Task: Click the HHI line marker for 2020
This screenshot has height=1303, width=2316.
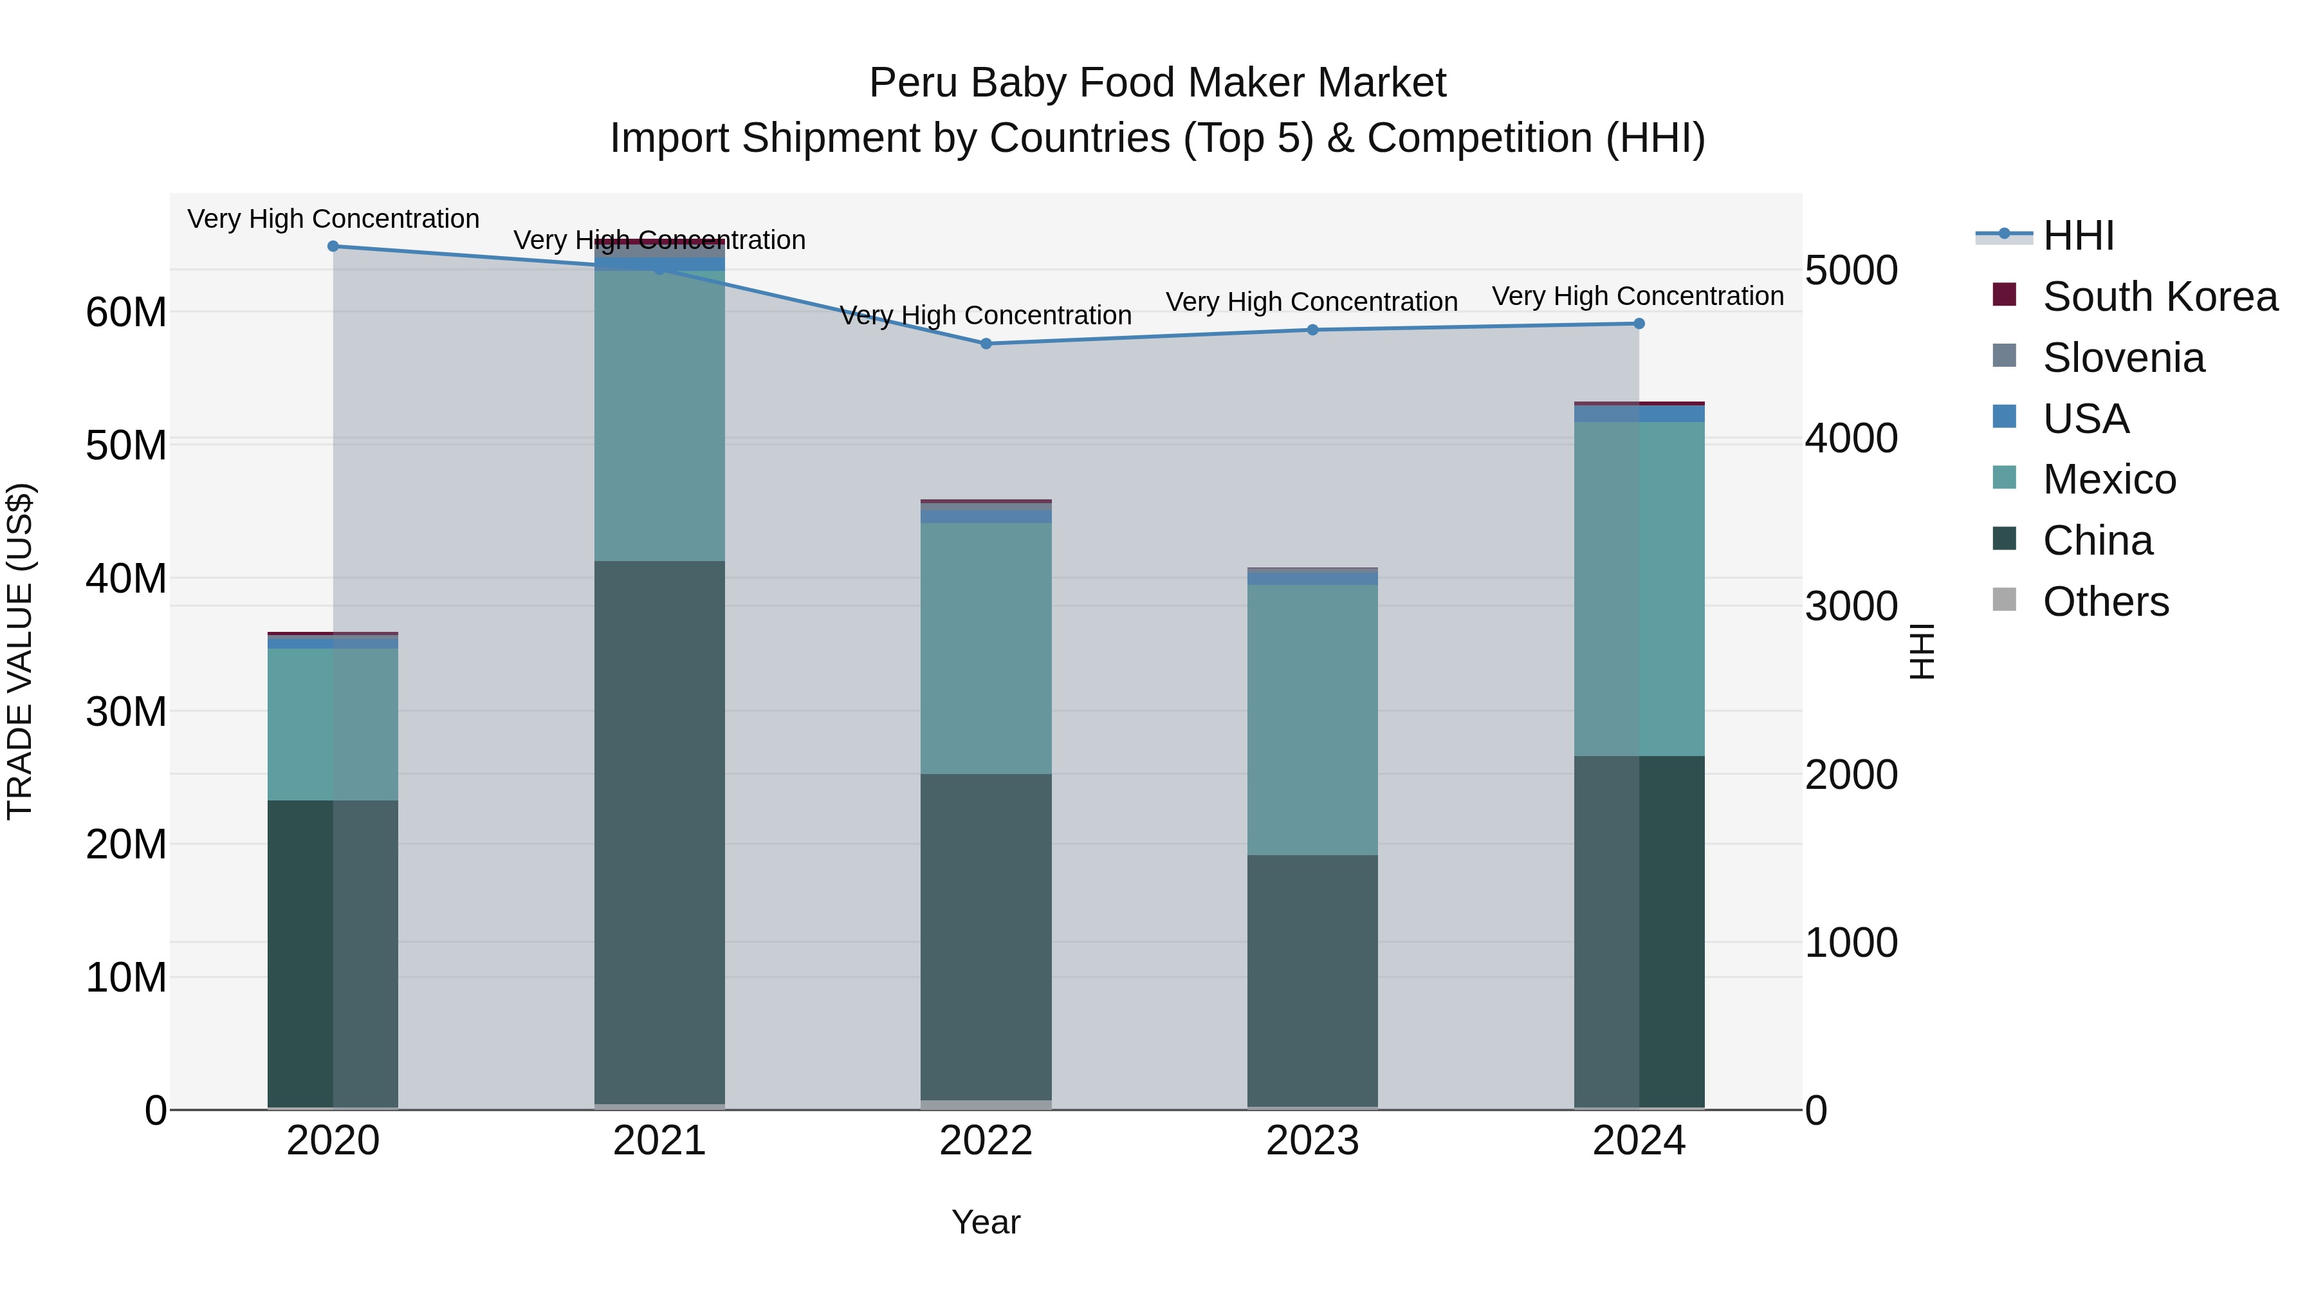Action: tap(333, 246)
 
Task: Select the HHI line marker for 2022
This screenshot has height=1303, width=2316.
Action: tap(986, 344)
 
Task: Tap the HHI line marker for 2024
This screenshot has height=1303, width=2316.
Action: tap(1639, 324)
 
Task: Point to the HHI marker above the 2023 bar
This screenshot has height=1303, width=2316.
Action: tap(1312, 330)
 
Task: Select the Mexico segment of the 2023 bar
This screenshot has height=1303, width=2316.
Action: tap(1312, 719)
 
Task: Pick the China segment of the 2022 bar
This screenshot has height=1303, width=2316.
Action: tap(986, 935)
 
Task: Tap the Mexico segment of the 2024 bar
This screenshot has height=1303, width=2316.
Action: tap(1639, 589)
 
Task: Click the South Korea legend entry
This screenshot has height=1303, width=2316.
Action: tap(2158, 297)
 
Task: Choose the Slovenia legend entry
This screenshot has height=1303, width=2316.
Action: tap(2122, 358)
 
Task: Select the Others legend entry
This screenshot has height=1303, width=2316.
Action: tap(2104, 602)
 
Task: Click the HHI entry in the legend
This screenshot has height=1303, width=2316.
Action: tap(2077, 236)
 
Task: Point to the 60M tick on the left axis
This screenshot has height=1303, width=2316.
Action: tap(126, 313)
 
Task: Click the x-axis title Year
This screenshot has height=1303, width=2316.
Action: tap(986, 1222)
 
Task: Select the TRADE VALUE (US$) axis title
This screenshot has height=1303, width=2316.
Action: tap(20, 651)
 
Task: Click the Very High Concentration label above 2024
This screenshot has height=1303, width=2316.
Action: tap(1638, 296)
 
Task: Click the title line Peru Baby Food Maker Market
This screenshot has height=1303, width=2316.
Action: tap(1157, 83)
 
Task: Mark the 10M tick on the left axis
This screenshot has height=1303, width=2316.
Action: tap(126, 977)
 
